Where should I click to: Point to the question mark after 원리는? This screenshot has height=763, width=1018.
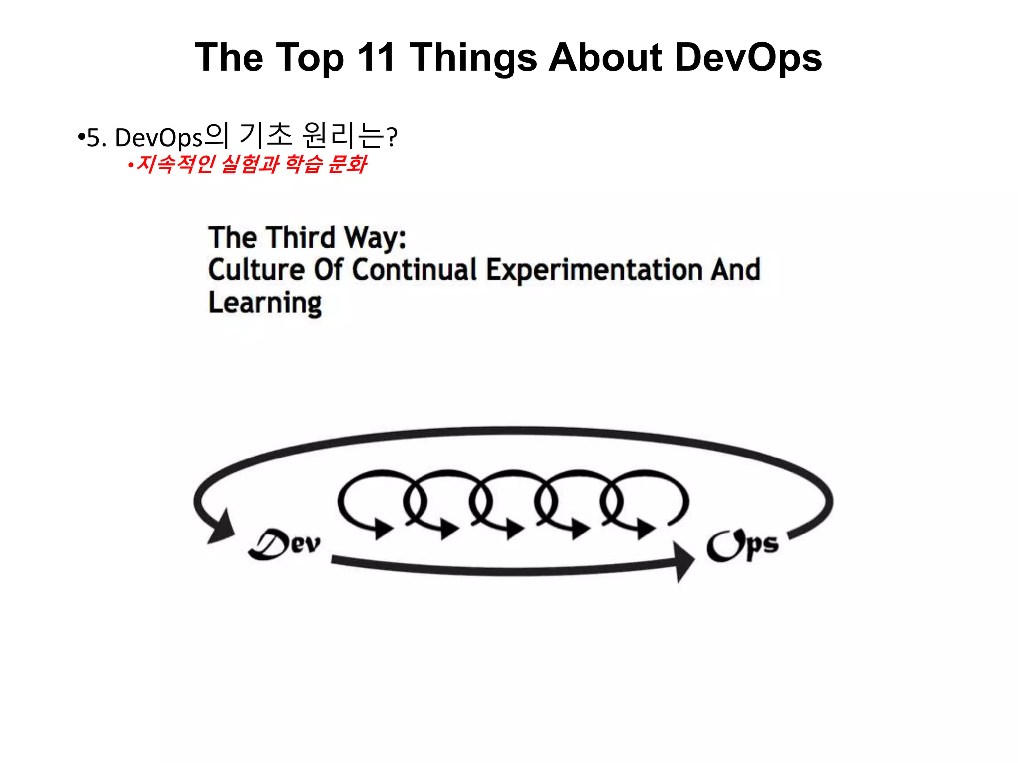(x=392, y=137)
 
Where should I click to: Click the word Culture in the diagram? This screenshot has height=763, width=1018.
(x=256, y=270)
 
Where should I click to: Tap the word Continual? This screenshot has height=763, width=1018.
(x=415, y=270)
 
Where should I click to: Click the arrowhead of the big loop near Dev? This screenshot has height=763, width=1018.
(x=221, y=527)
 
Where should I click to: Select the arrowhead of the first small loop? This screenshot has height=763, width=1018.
(x=383, y=528)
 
